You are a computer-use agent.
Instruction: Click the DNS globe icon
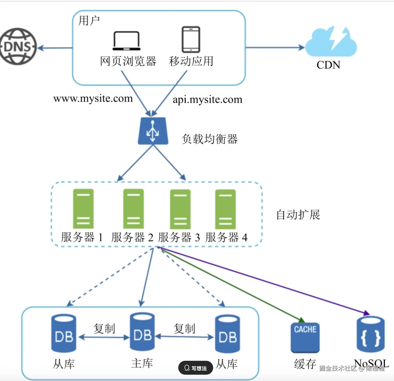point(18,47)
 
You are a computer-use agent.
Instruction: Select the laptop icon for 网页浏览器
point(126,41)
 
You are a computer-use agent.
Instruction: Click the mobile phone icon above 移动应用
point(191,40)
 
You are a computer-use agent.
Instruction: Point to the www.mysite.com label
point(93,98)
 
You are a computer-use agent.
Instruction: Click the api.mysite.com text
point(207,100)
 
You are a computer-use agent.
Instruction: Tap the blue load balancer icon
point(153,131)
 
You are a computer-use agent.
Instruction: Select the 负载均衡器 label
point(209,139)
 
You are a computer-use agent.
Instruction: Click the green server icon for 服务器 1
point(83,209)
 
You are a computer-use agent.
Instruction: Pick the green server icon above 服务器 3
point(180,209)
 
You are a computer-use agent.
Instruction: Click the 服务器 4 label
point(226,237)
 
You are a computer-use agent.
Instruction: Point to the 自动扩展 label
point(298,215)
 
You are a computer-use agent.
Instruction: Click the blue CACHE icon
point(305,337)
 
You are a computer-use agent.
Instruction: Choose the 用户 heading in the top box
point(89,21)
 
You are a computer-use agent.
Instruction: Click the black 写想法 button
point(195,368)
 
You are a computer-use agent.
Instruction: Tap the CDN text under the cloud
point(328,65)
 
